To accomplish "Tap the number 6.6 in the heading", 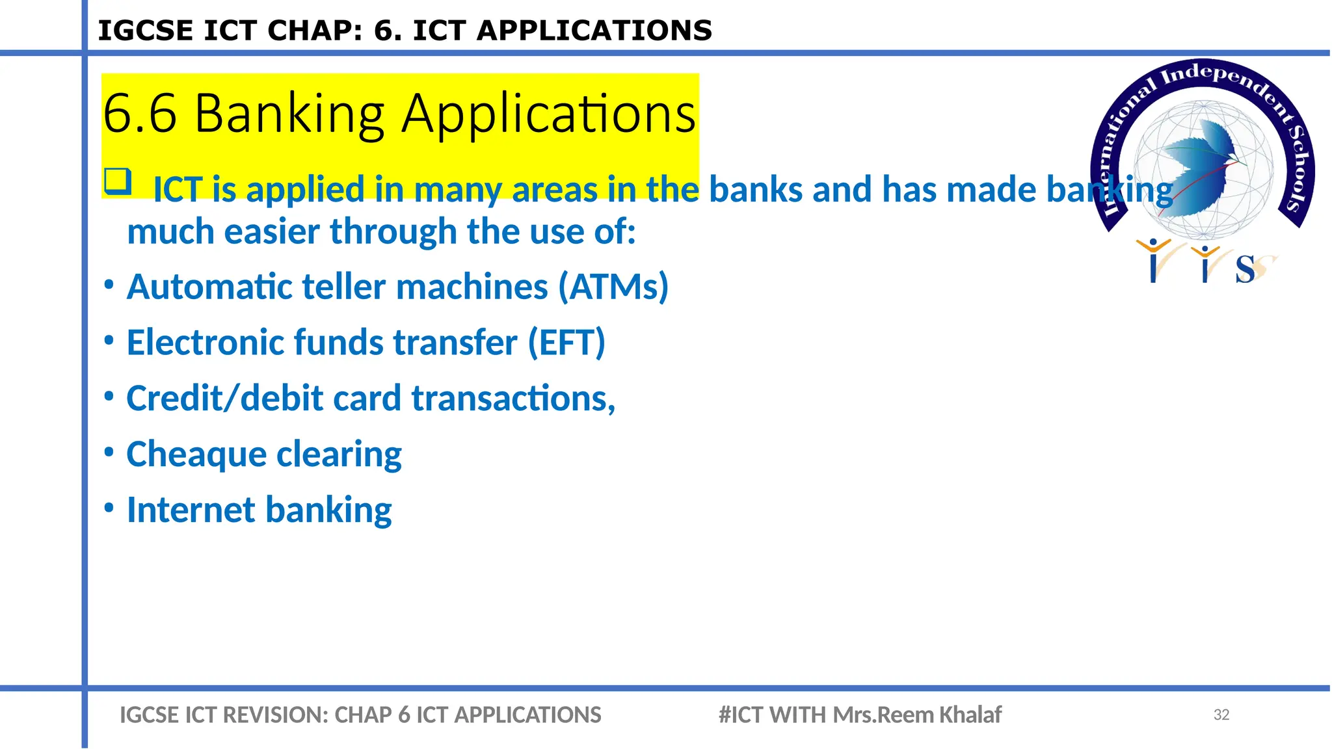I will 139,114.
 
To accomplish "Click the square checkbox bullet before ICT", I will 118,181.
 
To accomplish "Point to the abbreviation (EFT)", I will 566,343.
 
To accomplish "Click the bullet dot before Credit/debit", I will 109,395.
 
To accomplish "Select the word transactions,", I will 513,399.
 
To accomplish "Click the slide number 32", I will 1221,715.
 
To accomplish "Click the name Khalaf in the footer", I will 970,715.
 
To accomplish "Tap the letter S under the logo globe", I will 1245,269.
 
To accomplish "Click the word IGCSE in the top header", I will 145,31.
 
